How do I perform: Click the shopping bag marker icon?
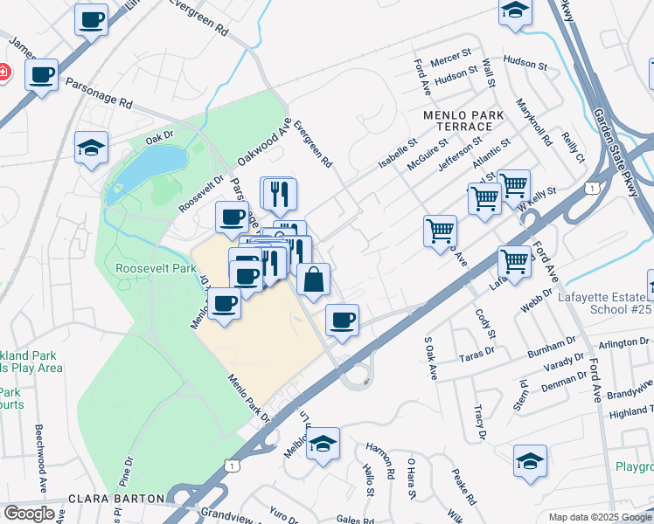[x=313, y=280]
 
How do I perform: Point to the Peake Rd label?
[x=463, y=487]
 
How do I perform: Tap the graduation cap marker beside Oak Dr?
[x=91, y=148]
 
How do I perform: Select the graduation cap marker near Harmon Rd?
[x=323, y=445]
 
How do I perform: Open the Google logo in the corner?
[x=29, y=514]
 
